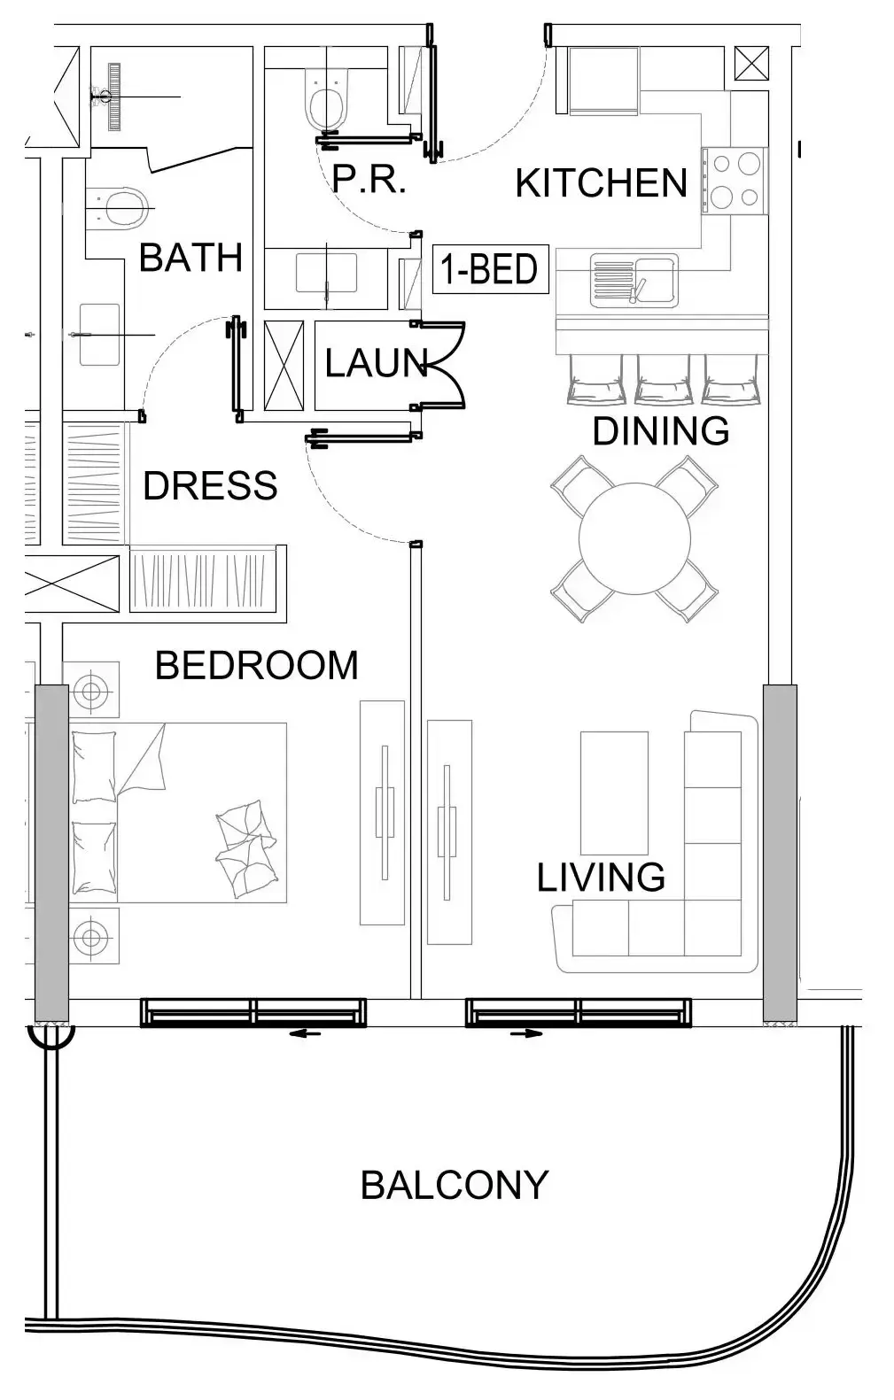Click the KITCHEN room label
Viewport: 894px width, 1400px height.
point(601,183)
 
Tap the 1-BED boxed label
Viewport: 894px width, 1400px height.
point(490,269)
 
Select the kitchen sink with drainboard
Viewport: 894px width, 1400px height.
point(634,280)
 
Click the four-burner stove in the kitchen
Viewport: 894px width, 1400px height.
point(735,181)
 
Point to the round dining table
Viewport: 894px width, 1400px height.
point(634,538)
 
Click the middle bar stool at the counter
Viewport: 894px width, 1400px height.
point(662,380)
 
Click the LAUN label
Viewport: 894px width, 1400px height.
point(376,364)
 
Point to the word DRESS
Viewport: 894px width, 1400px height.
point(210,486)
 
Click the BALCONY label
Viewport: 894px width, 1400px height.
point(454,1185)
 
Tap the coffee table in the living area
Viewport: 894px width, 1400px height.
point(614,792)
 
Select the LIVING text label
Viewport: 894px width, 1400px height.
point(601,878)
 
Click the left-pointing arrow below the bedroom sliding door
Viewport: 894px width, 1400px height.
point(306,1033)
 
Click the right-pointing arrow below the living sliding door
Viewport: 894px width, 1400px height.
point(526,1033)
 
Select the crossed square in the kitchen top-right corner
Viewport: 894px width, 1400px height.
point(751,63)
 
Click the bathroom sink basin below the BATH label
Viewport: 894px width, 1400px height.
point(99,334)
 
